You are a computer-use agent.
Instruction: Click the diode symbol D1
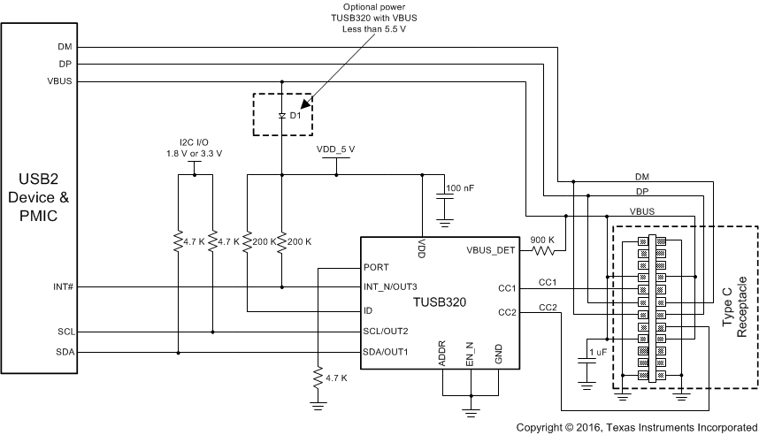pos(282,115)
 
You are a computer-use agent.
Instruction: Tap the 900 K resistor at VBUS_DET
pos(542,250)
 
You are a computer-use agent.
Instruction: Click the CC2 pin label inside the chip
pos(508,310)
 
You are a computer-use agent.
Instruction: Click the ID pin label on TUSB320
pos(369,310)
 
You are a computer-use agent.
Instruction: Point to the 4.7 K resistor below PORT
pos(316,378)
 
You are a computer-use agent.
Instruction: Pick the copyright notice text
pos(636,427)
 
